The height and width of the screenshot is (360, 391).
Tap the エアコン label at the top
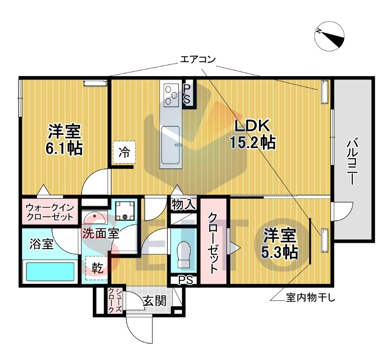197,60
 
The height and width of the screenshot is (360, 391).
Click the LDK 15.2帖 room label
252,134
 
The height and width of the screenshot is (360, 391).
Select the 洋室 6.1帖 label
64,139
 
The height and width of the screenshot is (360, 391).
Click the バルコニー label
351,163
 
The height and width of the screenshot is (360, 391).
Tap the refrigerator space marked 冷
124,152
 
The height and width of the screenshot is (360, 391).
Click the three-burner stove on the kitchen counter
172,95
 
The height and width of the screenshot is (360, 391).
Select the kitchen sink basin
171,145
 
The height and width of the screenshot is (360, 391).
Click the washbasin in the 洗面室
94,218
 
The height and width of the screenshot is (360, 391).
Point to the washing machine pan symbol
125,211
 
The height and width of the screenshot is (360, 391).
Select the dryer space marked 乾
97,268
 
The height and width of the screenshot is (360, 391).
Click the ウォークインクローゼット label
50,212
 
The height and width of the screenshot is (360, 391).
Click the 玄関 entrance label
154,301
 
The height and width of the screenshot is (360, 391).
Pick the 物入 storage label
184,204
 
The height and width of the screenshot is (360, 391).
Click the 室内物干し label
310,297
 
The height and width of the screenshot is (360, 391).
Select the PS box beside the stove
187,94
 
